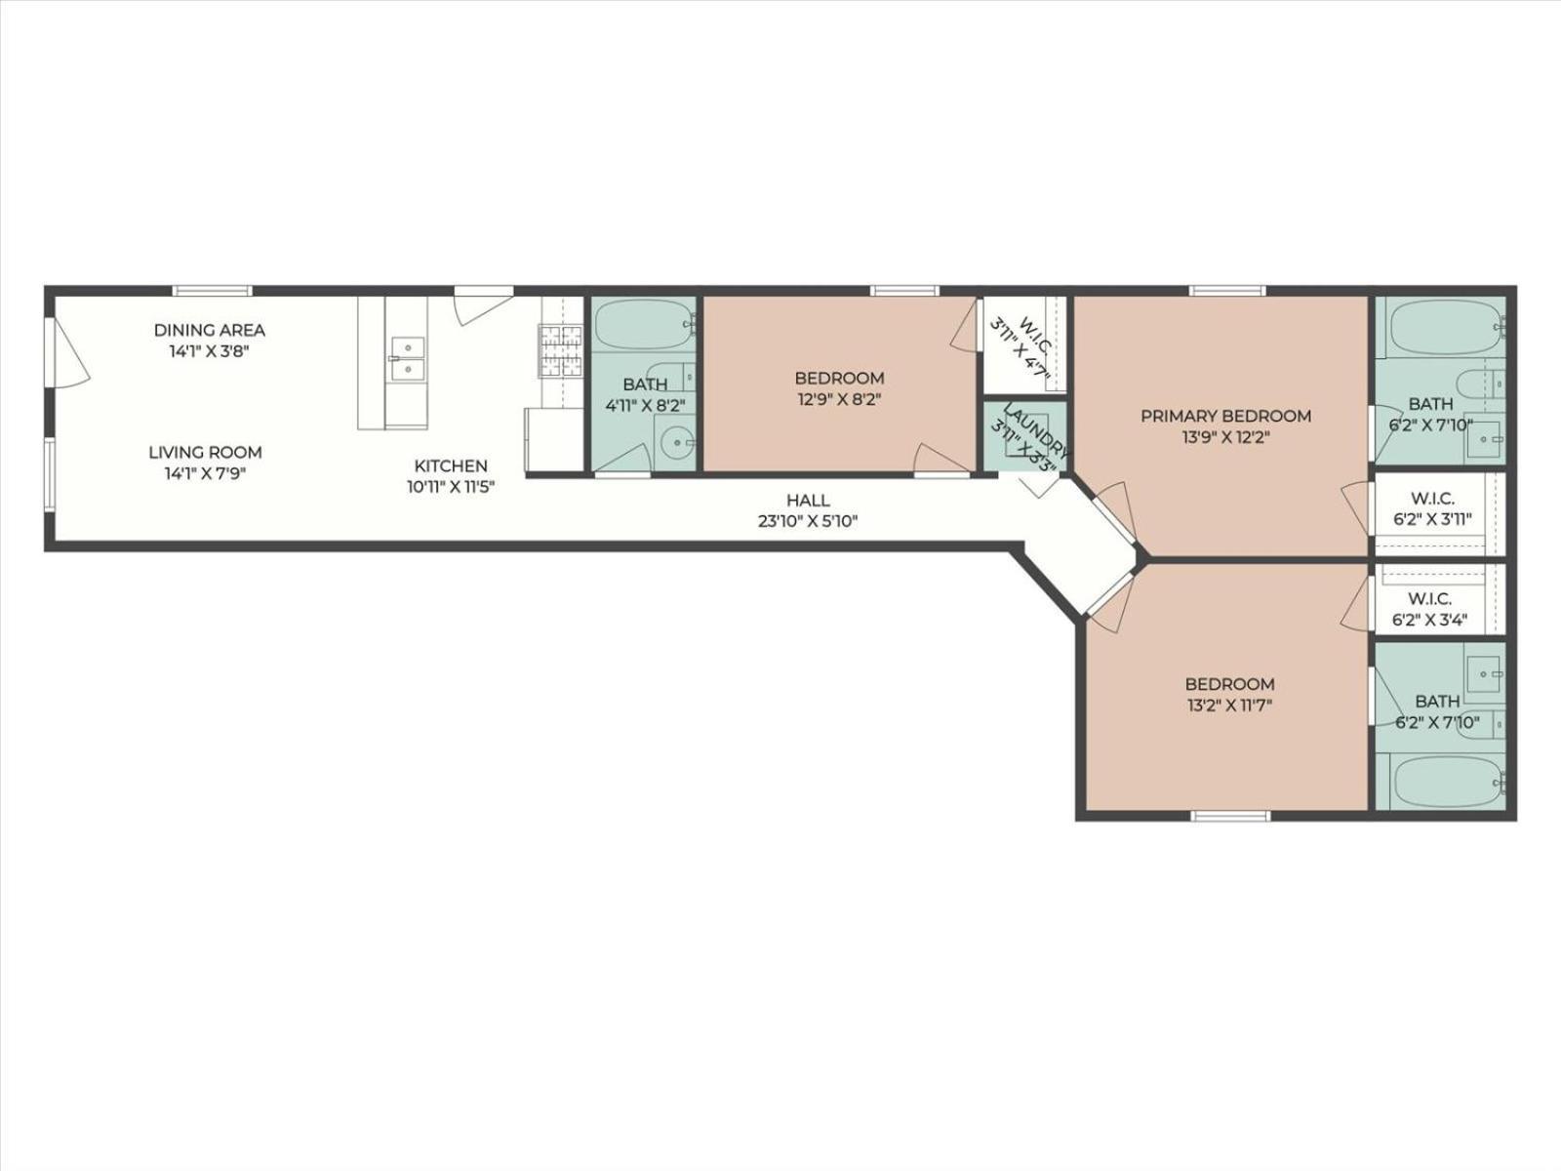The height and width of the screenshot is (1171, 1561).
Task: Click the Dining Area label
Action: (x=209, y=330)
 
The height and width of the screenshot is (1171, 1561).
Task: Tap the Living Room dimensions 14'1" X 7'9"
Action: (x=205, y=475)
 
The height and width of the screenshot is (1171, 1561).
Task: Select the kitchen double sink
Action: (x=407, y=358)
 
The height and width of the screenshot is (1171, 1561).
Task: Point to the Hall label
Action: (x=808, y=501)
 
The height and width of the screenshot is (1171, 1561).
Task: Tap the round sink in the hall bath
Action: (x=673, y=444)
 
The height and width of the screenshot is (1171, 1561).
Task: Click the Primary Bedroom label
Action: (x=1225, y=416)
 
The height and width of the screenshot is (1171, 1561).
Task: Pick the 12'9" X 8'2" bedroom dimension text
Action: (x=839, y=399)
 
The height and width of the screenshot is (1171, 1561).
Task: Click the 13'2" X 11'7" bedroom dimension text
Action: (x=1229, y=705)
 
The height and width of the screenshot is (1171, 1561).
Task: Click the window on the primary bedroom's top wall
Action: (x=1226, y=290)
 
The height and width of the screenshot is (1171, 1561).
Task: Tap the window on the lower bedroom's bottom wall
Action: (x=1230, y=815)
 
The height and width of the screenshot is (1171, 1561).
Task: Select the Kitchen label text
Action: (x=451, y=465)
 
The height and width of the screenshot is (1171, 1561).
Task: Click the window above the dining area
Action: (x=213, y=290)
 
